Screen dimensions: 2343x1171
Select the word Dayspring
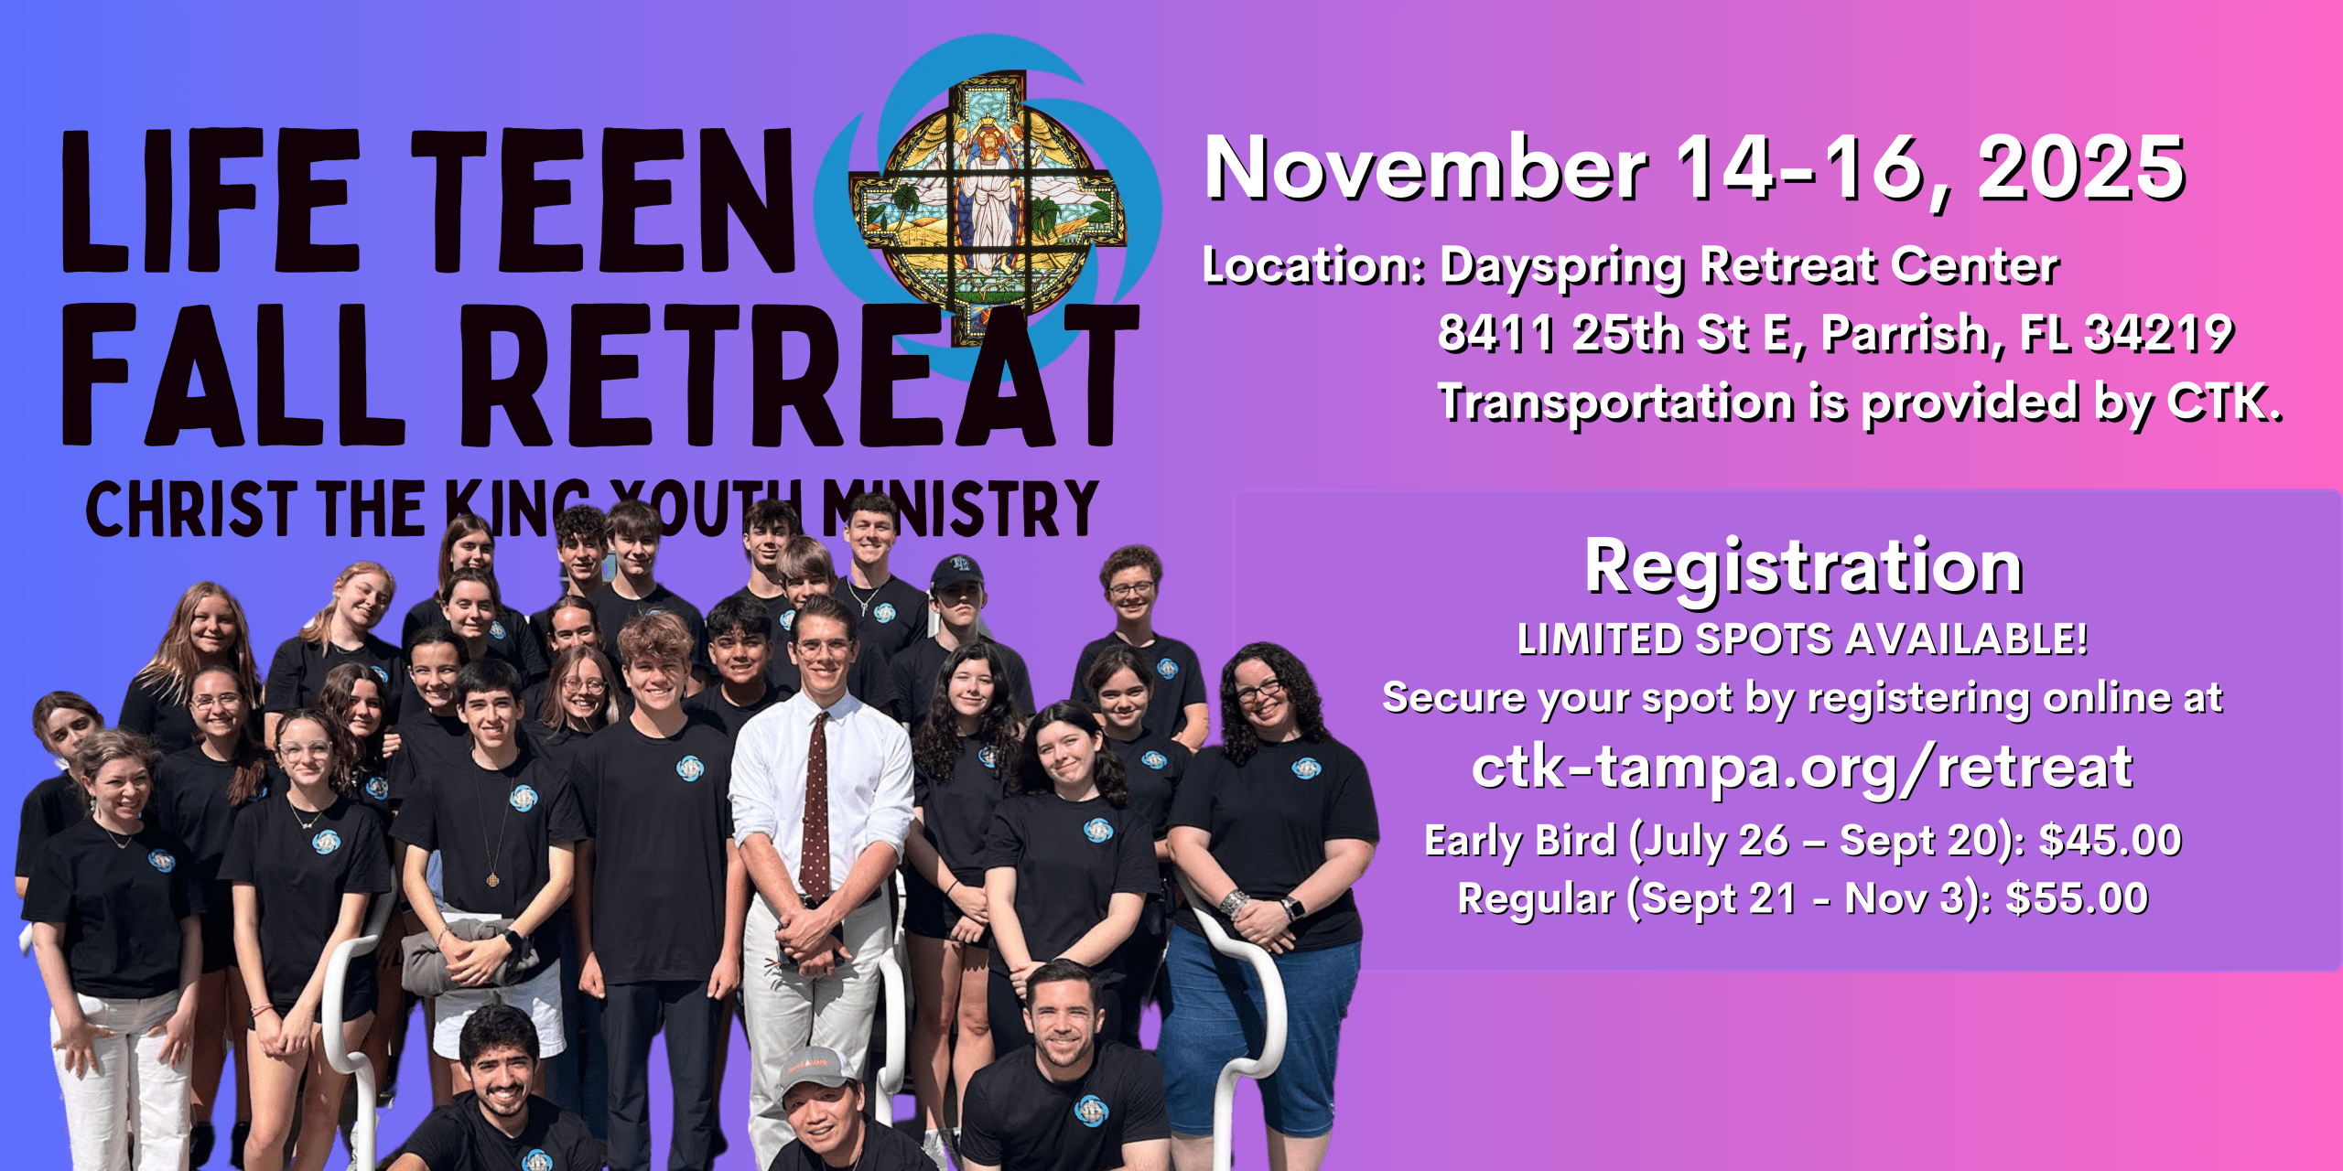coord(1561,267)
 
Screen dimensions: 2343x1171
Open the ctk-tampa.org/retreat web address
coord(1802,768)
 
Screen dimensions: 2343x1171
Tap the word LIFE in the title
coord(211,200)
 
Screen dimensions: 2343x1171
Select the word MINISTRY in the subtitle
coord(960,509)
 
